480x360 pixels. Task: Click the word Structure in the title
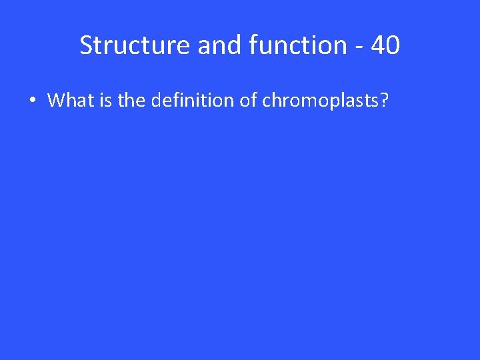click(135, 45)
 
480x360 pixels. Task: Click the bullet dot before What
click(32, 101)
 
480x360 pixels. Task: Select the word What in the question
click(70, 101)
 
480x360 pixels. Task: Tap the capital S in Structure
click(87, 45)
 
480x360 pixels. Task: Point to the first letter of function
click(252, 45)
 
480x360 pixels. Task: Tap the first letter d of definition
click(155, 101)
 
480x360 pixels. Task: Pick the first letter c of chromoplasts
click(266, 101)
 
